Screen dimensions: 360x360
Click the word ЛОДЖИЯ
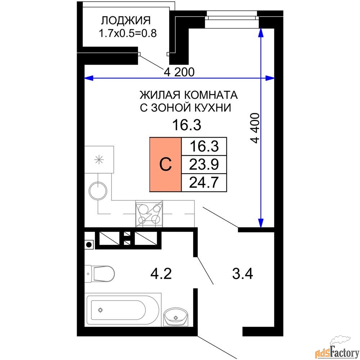pyautogui.click(x=126, y=21)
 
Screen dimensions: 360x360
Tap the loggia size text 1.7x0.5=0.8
pyautogui.click(x=128, y=33)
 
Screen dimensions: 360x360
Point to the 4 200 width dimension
pyautogui.click(x=179, y=72)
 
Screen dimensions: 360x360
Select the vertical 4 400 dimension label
pyautogui.click(x=255, y=128)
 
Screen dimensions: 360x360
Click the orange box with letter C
pyautogui.click(x=165, y=165)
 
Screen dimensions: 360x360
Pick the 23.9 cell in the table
pyautogui.click(x=204, y=165)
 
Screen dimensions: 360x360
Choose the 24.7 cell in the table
pyautogui.click(x=204, y=183)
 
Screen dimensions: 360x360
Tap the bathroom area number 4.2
pyautogui.click(x=161, y=274)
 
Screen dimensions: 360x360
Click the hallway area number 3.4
pyautogui.click(x=242, y=274)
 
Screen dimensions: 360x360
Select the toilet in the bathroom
pyautogui.click(x=99, y=274)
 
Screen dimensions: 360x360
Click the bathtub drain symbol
pyautogui.click(x=100, y=310)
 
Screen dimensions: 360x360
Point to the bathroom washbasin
pyautogui.click(x=176, y=317)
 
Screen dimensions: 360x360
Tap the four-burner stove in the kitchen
pyautogui.click(x=149, y=214)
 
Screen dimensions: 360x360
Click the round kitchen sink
pyautogui.click(x=98, y=191)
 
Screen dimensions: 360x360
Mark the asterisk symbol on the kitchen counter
pyautogui.click(x=99, y=159)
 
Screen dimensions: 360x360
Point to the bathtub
pyautogui.click(x=123, y=310)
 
